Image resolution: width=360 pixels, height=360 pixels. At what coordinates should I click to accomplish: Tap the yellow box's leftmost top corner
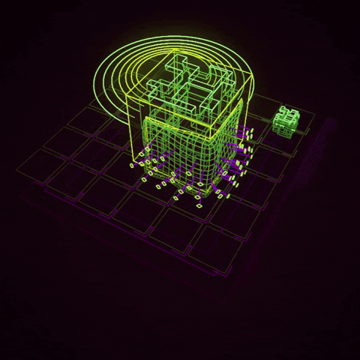tap(128, 95)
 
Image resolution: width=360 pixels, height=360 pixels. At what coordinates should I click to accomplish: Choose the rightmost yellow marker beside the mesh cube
tap(253, 133)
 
